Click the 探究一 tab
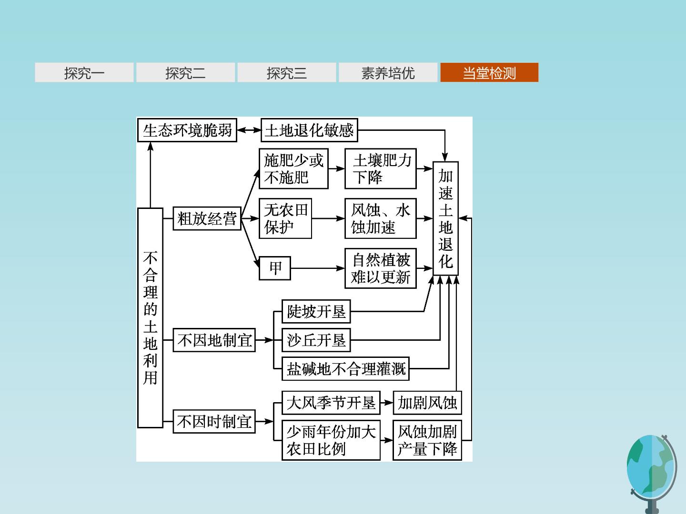(84, 72)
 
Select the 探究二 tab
(185, 72)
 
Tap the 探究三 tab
(287, 72)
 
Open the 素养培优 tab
(388, 72)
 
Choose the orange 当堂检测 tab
(489, 72)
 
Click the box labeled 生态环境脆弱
(187, 130)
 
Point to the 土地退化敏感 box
(309, 130)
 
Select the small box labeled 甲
(275, 268)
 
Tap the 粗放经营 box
(207, 218)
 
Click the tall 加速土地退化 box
(445, 218)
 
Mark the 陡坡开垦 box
(316, 311)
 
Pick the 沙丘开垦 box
(316, 340)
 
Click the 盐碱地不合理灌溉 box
(345, 368)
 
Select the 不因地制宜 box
(214, 340)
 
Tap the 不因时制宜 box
(214, 421)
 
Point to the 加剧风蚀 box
(427, 403)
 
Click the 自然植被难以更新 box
(380, 268)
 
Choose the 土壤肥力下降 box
(380, 168)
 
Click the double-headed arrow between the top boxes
(249, 130)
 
